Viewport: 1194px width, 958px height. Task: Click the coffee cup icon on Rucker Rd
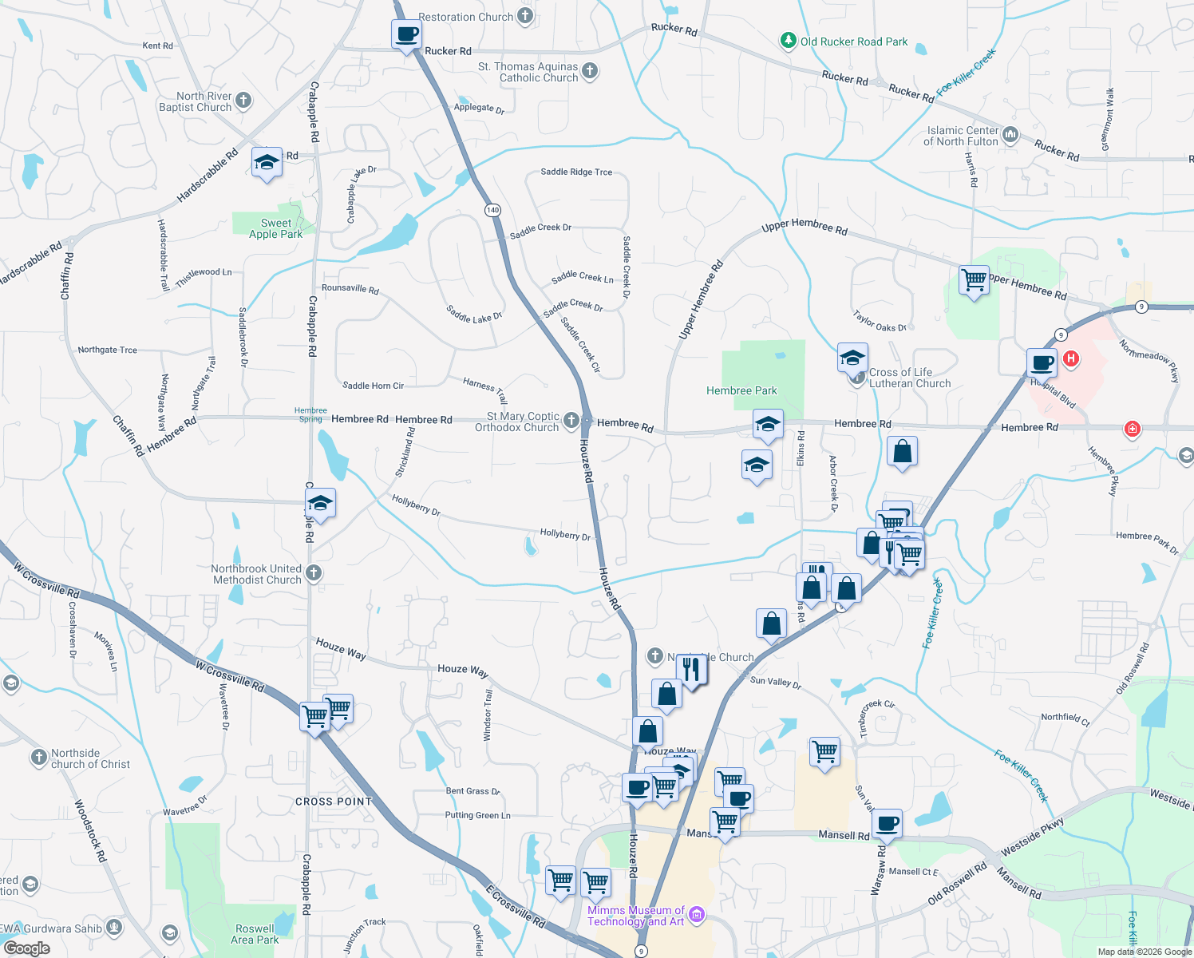[406, 35]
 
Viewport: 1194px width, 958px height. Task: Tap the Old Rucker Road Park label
[853, 42]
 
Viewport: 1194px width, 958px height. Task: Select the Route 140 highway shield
[492, 210]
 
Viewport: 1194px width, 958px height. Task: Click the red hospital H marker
[1071, 359]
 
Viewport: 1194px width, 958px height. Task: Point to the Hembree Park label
[741, 390]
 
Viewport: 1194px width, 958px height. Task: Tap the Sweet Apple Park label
[275, 228]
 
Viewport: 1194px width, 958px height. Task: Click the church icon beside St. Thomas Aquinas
[590, 70]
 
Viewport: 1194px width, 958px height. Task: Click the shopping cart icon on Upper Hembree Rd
[974, 280]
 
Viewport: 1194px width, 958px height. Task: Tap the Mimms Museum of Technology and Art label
[636, 916]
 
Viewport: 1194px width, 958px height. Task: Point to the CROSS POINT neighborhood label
[334, 802]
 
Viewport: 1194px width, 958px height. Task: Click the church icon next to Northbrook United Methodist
[314, 572]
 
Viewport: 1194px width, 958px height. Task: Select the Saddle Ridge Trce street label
[576, 172]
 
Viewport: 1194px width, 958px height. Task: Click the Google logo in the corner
[26, 948]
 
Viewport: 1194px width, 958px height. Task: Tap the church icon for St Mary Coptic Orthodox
[571, 420]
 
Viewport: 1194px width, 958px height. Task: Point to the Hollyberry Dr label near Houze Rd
[565, 534]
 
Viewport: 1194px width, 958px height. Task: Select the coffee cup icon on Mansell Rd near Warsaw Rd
[887, 823]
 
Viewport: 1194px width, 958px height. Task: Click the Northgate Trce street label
[107, 350]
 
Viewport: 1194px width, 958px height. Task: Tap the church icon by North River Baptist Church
[243, 101]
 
